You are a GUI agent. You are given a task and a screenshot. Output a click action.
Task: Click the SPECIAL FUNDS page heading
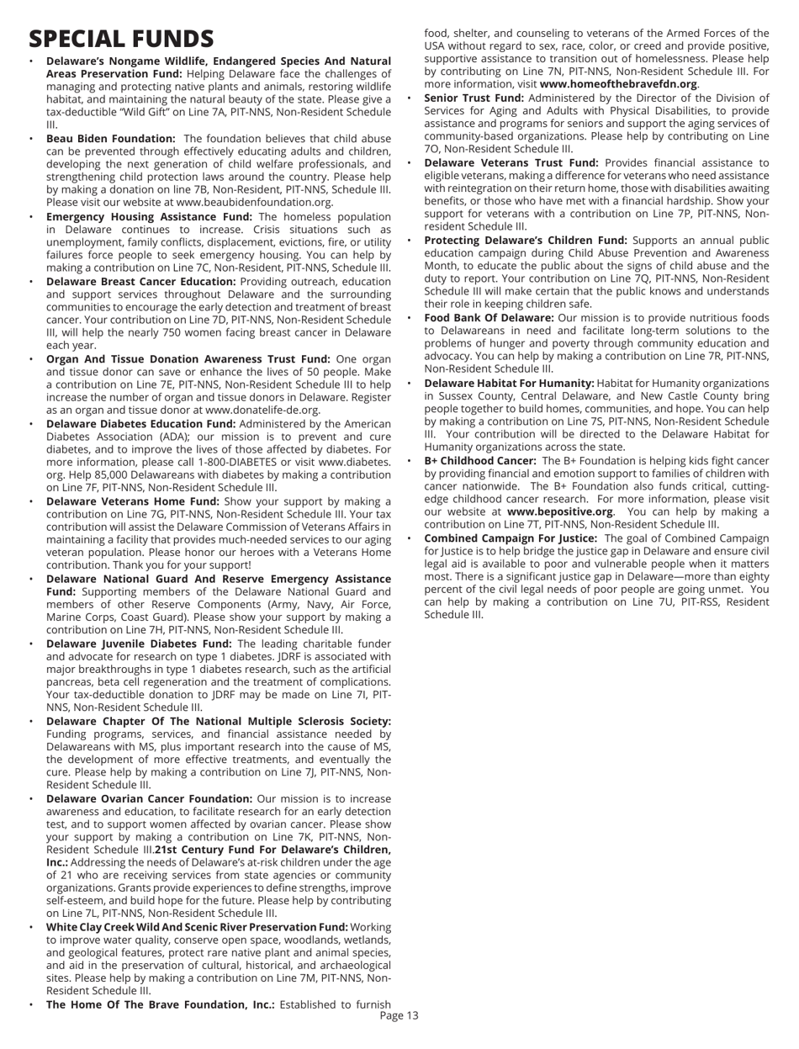coord(121,38)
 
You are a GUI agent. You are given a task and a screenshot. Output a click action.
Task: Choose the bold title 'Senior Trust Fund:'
coord(476,98)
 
